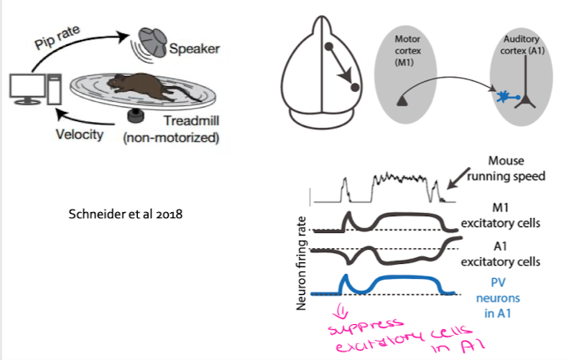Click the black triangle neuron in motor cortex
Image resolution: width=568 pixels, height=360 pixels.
pos(404,100)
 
